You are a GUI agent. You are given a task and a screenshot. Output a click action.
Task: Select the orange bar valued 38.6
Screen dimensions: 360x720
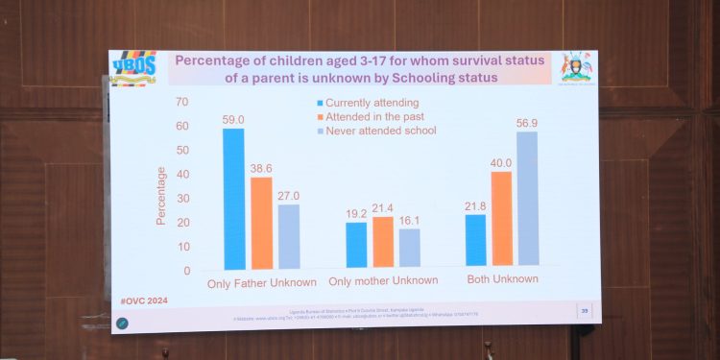pos(261,223)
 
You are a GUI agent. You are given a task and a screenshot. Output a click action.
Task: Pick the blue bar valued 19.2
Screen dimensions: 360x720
pos(356,244)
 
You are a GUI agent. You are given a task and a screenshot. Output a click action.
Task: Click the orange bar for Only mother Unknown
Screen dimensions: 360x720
pos(383,241)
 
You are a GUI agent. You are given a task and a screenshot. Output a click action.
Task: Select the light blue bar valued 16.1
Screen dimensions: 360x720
pos(410,247)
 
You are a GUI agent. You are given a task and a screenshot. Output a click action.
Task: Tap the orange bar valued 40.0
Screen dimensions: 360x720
pos(501,218)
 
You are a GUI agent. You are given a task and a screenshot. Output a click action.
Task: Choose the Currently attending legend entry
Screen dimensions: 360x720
pos(370,103)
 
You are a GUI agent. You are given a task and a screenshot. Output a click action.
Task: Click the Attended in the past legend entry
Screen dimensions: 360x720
pos(373,116)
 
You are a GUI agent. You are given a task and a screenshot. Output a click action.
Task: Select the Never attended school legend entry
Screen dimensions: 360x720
pos(380,131)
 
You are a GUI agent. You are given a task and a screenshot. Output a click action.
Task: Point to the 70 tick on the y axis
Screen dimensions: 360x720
pos(182,102)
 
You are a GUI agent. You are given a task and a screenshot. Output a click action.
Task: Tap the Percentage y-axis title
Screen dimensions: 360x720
pos(162,196)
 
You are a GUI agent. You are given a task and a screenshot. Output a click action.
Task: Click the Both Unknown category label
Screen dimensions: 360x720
pos(501,278)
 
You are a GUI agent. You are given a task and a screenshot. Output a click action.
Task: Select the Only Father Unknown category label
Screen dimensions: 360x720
pos(261,284)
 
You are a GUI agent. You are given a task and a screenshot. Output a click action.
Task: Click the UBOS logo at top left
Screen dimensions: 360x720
pos(132,68)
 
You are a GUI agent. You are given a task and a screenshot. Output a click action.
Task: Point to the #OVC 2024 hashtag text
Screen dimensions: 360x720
pos(143,300)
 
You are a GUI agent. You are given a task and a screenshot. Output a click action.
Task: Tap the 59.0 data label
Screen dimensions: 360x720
pos(234,118)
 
